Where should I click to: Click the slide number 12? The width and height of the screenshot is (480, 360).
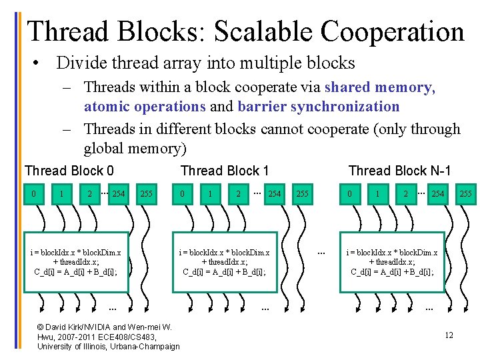click(x=449, y=335)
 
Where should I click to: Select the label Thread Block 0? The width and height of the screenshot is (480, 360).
click(x=69, y=171)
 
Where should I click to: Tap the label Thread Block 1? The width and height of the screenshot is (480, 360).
click(x=225, y=171)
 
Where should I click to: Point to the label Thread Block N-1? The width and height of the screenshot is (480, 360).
click(x=399, y=171)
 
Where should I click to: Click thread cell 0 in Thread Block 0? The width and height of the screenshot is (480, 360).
click(x=33, y=194)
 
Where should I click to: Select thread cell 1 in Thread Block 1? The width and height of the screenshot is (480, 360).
click(x=211, y=194)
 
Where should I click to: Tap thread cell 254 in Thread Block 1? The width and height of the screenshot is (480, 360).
click(x=274, y=194)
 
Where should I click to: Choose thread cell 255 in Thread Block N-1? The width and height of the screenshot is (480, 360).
click(x=465, y=194)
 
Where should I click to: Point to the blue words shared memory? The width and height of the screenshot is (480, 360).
click(x=379, y=87)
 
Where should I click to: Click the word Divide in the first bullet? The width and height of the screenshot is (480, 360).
click(x=77, y=63)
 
